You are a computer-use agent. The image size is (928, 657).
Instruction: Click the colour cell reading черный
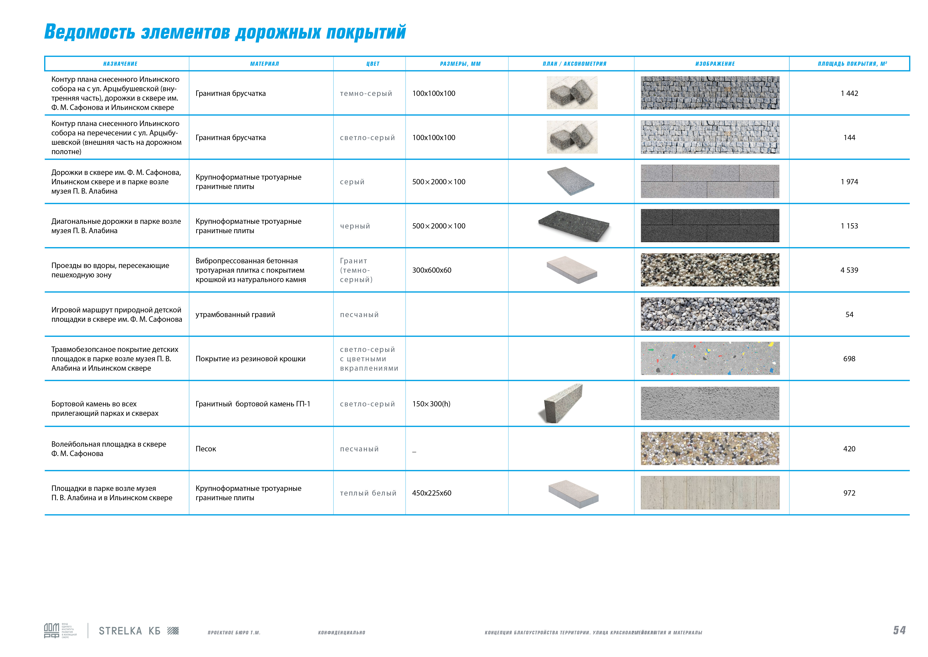[x=355, y=226]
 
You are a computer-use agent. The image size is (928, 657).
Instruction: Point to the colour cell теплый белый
[x=368, y=493]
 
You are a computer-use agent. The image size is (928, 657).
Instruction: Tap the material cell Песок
[x=206, y=449]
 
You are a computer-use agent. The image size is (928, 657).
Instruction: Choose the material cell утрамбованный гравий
[x=235, y=315]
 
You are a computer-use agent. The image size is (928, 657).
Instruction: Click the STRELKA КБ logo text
[x=129, y=631]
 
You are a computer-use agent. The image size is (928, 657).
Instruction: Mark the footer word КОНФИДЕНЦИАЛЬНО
[x=342, y=633]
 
